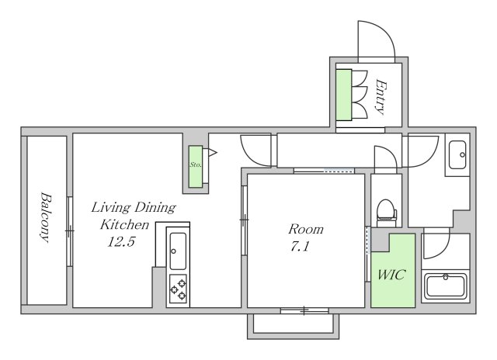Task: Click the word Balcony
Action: coord(46,217)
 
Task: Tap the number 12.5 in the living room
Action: coord(121,242)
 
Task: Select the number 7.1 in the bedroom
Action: coord(300,246)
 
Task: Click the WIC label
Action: coord(391,274)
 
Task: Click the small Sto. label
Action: coord(196,164)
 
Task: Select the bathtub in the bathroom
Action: coord(446,286)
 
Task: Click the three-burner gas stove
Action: coord(178,289)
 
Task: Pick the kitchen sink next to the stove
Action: coord(178,251)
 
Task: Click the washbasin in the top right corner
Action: coord(457,155)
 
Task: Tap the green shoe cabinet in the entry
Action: coord(343,95)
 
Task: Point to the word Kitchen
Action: coord(124,225)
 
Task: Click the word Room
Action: coord(305,229)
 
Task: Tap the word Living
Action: coord(110,208)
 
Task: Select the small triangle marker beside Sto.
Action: coord(212,153)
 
